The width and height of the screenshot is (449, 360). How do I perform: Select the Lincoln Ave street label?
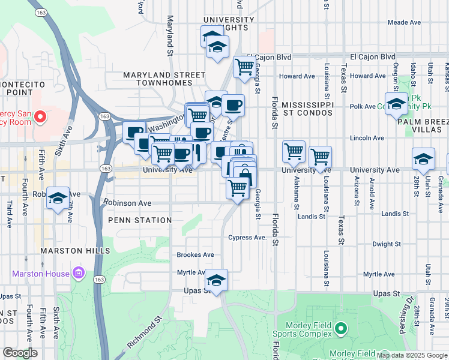[366, 138]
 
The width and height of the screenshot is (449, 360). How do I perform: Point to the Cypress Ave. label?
[247, 238]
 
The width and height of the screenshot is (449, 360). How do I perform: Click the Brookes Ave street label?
[195, 254]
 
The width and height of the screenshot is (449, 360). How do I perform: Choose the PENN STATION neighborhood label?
[140, 220]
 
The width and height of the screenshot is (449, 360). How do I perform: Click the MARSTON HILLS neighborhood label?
[75, 250]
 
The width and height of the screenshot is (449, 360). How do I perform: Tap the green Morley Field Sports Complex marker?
[341, 328]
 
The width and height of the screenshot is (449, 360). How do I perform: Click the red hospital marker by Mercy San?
[41, 115]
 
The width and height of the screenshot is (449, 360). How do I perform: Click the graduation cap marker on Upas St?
[216, 280]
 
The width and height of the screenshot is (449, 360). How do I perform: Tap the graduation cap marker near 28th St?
[423, 159]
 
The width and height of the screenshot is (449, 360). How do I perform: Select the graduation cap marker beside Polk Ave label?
[396, 104]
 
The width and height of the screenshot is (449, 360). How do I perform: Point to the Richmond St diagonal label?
[144, 334]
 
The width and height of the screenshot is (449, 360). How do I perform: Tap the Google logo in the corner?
[20, 353]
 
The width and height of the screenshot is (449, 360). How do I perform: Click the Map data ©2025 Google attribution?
[412, 355]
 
